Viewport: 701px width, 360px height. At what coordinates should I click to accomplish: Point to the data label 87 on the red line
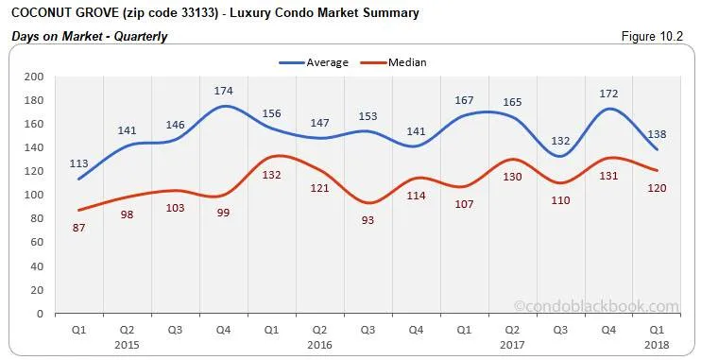[79, 227]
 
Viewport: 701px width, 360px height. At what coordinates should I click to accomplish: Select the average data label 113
[79, 163]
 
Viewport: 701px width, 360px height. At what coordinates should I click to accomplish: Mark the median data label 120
[658, 187]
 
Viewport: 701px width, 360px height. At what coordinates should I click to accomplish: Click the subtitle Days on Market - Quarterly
[89, 37]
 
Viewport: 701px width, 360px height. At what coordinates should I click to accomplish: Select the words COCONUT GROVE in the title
[56, 13]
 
